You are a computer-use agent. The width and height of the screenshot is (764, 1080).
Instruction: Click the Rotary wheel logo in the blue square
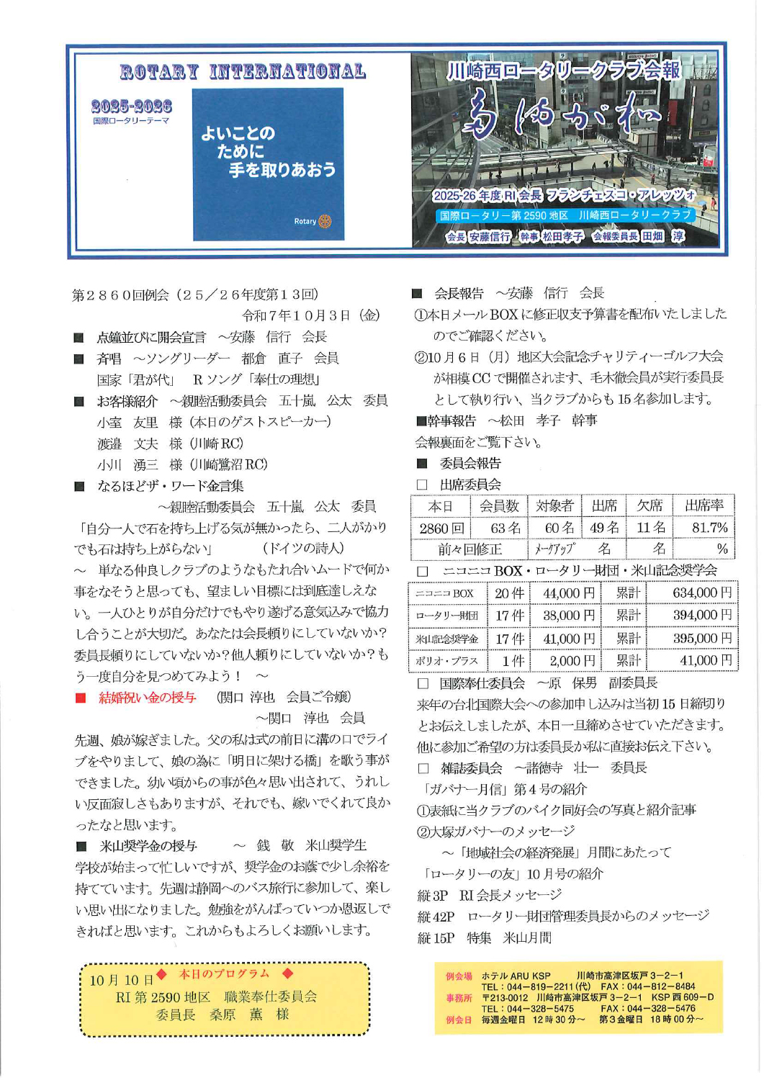(x=325, y=222)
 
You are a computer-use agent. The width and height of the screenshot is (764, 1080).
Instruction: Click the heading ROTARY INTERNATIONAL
(x=243, y=72)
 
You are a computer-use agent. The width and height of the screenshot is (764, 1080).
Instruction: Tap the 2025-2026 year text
(x=131, y=107)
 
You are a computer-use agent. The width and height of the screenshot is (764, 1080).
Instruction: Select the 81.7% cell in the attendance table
(x=709, y=528)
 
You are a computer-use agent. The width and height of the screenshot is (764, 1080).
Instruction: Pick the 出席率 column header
(x=704, y=505)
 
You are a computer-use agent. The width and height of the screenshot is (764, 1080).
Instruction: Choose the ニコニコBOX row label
(x=444, y=593)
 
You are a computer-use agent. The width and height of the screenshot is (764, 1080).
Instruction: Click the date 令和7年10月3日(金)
(x=310, y=315)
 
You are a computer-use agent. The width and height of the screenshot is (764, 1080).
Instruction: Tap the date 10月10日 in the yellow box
(x=121, y=980)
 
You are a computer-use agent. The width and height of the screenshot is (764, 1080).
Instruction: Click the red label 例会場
(x=459, y=976)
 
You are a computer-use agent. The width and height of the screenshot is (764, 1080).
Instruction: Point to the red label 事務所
(x=459, y=998)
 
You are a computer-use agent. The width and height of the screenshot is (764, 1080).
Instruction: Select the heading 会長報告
(x=459, y=293)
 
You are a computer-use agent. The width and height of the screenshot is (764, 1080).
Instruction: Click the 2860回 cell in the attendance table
(x=441, y=528)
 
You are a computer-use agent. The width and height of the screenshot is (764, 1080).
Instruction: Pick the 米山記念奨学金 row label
(x=446, y=639)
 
